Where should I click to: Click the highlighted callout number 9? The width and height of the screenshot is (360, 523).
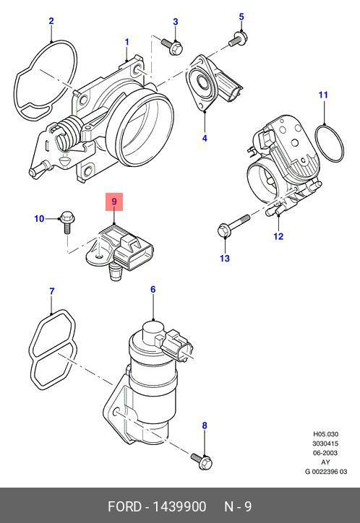point(114,202)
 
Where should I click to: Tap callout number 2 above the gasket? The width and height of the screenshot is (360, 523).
point(51,22)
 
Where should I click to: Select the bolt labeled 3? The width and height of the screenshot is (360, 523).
point(172,46)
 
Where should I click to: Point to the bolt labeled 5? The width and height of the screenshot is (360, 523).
point(238,38)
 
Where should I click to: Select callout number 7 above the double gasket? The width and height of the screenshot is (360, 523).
point(51,291)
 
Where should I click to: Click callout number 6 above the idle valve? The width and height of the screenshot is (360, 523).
point(153,289)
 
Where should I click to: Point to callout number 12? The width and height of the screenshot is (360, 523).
point(278,236)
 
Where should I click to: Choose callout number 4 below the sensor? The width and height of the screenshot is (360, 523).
point(205,138)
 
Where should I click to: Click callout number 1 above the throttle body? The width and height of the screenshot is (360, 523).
point(127,42)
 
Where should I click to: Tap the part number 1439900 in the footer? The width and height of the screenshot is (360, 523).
point(179,506)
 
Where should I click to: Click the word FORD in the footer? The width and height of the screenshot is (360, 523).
point(124,506)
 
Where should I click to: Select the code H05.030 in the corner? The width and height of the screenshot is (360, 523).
point(325,434)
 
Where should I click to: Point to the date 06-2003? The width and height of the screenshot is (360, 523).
point(325,453)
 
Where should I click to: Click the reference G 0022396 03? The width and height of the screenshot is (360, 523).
point(325,471)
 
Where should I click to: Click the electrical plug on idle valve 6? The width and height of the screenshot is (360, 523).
point(176,346)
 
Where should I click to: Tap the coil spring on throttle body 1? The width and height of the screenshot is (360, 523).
point(71,131)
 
